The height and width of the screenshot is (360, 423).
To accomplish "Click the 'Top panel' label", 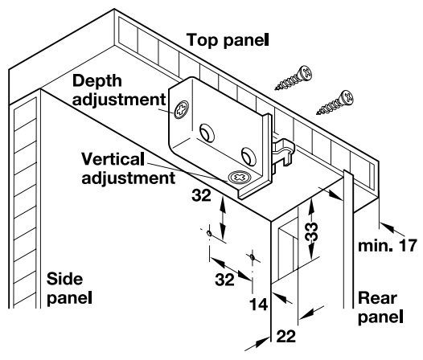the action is [228, 40].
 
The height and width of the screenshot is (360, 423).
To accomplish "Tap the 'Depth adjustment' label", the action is [119, 90].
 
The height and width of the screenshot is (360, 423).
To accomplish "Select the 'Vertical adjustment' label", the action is [129, 169].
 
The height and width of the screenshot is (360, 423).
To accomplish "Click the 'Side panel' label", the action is [69, 288].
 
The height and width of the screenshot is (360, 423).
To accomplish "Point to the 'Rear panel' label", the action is [380, 307].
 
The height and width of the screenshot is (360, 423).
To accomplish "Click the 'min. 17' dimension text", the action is [388, 246].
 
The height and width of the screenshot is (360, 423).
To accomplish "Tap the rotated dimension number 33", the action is [311, 231].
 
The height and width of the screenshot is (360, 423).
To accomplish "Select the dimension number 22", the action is [285, 336].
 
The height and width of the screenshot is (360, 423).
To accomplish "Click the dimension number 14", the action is [258, 305].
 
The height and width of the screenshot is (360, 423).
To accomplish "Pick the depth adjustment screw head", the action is [181, 109].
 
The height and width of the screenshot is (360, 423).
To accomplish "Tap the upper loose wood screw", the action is [294, 78].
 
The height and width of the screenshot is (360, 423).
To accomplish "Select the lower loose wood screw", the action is [335, 102].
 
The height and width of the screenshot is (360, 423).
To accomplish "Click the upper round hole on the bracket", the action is [207, 133].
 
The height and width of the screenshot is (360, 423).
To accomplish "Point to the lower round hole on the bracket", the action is [248, 156].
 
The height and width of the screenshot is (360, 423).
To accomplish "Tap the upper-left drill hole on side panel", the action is [209, 233].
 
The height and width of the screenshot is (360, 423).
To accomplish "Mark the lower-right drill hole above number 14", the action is [253, 257].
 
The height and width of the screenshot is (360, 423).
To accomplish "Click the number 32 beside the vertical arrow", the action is [201, 195].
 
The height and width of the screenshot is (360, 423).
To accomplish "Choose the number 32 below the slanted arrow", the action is [224, 280].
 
